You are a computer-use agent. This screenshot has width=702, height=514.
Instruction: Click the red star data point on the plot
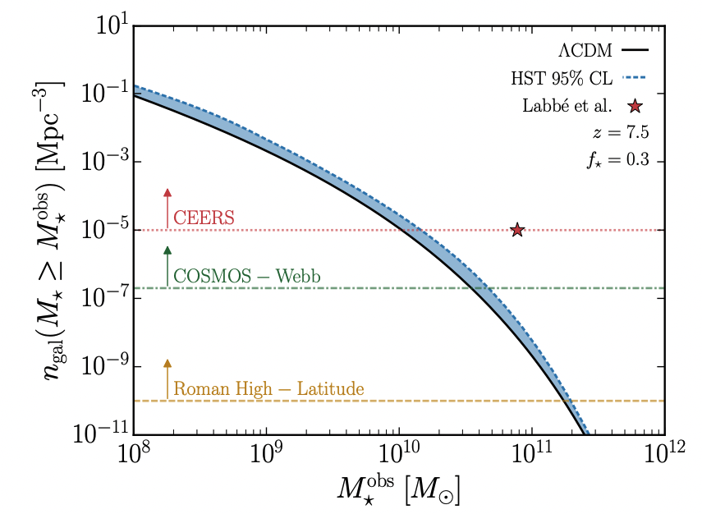pyautogui.click(x=517, y=230)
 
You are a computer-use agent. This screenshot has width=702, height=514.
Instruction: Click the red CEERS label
pyautogui.click(x=204, y=218)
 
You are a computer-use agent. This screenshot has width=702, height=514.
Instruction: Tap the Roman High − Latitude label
pyautogui.click(x=268, y=388)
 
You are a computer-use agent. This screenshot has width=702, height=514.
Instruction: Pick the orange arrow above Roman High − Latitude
pyautogui.click(x=167, y=378)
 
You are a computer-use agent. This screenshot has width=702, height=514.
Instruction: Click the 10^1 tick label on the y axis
pyautogui.click(x=107, y=25)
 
